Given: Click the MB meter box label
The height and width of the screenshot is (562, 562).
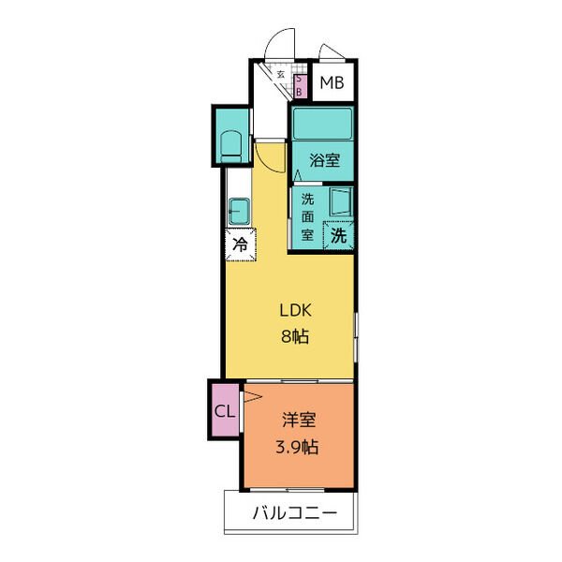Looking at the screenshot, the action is point(332,82).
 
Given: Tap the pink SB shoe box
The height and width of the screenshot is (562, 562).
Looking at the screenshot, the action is point(300,86).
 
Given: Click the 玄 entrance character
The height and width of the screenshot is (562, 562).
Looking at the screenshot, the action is point(281,75).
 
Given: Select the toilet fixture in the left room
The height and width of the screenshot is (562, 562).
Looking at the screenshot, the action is point(231,146).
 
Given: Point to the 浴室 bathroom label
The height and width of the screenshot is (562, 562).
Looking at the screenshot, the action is point(324,160).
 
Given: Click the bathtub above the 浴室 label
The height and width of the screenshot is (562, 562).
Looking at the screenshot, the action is point(322,124).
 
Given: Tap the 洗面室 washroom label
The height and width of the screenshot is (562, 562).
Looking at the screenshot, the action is point(307,217).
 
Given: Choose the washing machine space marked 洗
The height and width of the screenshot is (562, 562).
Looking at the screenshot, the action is point(338,235).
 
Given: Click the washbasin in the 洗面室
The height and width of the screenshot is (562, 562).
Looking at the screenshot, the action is point(341,202).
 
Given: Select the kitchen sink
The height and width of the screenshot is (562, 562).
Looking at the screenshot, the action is point(239,211).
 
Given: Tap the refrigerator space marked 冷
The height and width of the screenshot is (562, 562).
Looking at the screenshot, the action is point(241,244).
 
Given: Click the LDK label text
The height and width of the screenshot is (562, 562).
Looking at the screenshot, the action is point(296,310).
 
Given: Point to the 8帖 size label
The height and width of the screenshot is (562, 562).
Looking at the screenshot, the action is point(295,336).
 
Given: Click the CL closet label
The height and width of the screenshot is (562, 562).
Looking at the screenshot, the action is point(225,411).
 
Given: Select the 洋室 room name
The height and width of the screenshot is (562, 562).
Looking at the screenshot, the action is point(299,420).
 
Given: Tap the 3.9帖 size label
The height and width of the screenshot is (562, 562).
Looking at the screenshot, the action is point(297,447).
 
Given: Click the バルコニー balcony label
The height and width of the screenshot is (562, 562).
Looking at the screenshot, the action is point(295,513).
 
